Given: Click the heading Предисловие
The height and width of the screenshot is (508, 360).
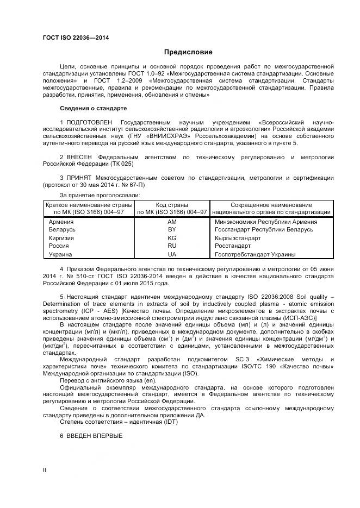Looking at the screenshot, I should pyautogui.click(x=188, y=52).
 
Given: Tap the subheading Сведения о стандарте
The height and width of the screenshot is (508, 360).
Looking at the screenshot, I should pyautogui.click(x=93, y=108).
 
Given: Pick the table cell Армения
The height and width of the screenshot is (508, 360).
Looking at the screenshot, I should pyautogui.click(x=61, y=222).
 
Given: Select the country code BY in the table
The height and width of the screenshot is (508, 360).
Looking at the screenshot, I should pyautogui.click(x=172, y=230).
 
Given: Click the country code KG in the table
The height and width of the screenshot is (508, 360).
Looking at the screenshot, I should pyautogui.click(x=172, y=238).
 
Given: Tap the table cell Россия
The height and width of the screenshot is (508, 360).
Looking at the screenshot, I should pyautogui.click(x=59, y=246).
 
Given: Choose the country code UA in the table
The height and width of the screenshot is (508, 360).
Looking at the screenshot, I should pyautogui.click(x=172, y=254).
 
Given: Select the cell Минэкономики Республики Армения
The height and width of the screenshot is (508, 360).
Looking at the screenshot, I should pyautogui.click(x=266, y=222).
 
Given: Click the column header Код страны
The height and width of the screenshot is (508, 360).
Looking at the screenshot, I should pyautogui.click(x=172, y=204).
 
